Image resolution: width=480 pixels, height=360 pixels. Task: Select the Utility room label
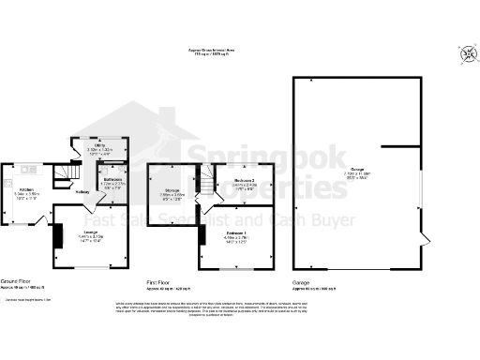click(98, 148)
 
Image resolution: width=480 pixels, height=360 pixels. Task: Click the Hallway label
click(82, 193)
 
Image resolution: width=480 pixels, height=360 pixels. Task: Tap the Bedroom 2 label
click(245, 181)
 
